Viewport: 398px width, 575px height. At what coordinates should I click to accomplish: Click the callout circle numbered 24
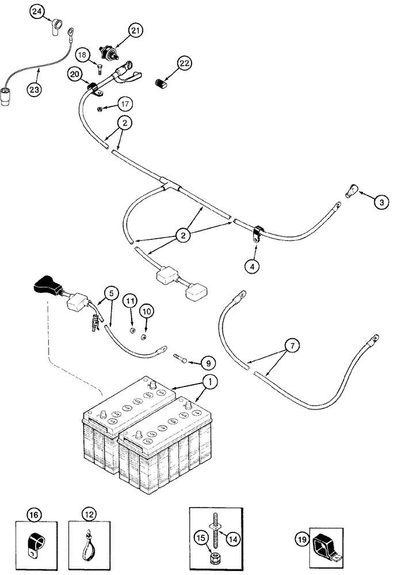(37, 13)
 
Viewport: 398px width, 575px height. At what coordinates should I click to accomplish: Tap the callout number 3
(380, 202)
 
